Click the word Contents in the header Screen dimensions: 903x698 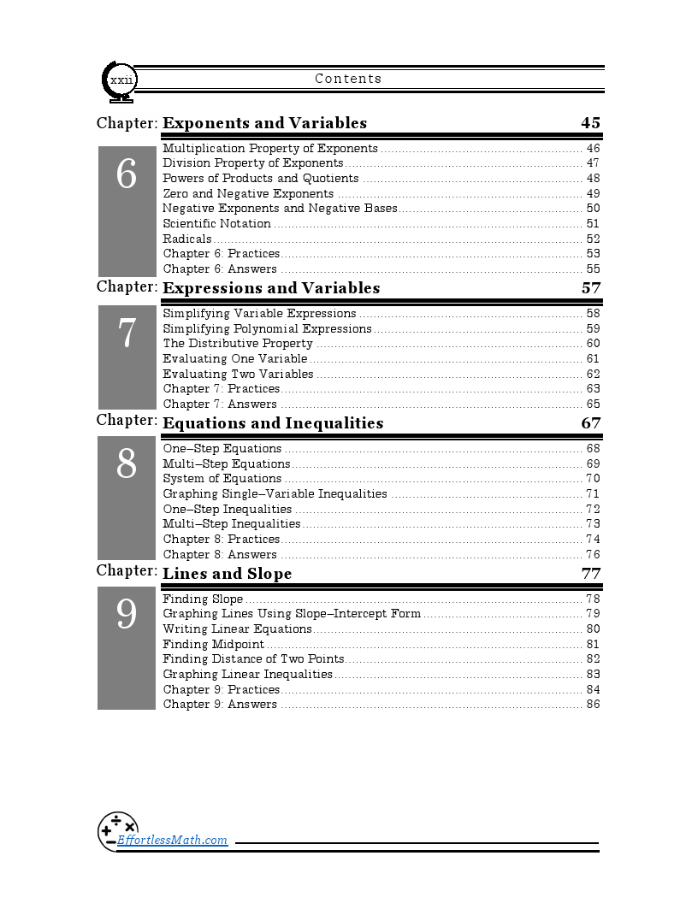point(348,79)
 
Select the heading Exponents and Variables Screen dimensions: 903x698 point(264,123)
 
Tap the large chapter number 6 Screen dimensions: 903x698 point(127,175)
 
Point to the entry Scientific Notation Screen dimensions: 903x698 point(216,224)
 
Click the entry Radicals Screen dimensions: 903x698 point(187,239)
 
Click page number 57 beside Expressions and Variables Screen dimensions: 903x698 point(591,288)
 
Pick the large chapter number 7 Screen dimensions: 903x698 point(127,333)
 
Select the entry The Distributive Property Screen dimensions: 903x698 point(238,344)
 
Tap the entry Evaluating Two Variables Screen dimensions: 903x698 point(238,374)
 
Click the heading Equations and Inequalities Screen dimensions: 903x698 point(273,423)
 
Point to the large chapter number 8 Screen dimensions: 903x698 point(127,464)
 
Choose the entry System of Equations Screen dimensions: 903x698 point(222,479)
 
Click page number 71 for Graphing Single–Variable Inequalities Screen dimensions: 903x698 point(593,493)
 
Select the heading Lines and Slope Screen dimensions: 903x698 point(227,574)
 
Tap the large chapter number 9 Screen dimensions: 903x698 point(127,614)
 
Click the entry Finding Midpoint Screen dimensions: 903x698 point(213,644)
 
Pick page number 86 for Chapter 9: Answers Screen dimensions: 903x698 point(593,705)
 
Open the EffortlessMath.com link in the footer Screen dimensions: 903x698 point(172,840)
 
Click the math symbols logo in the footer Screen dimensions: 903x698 point(117,829)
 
